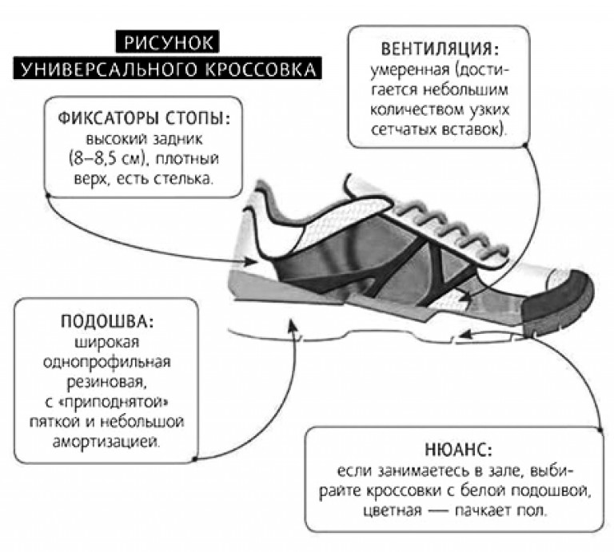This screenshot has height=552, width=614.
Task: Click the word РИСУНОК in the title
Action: (x=168, y=42)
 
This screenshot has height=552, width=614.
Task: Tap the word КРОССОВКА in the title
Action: (x=261, y=69)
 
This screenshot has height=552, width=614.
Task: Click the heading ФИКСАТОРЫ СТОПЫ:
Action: (x=144, y=117)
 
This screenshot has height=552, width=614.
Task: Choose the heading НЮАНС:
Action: (x=459, y=450)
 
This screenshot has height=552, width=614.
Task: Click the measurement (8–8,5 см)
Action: (x=106, y=159)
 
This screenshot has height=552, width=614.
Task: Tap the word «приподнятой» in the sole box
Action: (x=115, y=403)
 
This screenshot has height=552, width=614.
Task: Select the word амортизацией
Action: (x=106, y=442)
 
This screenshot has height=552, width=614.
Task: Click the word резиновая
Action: (x=107, y=381)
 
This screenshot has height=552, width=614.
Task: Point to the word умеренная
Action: (x=410, y=70)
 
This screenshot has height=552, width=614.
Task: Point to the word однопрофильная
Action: (x=107, y=362)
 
